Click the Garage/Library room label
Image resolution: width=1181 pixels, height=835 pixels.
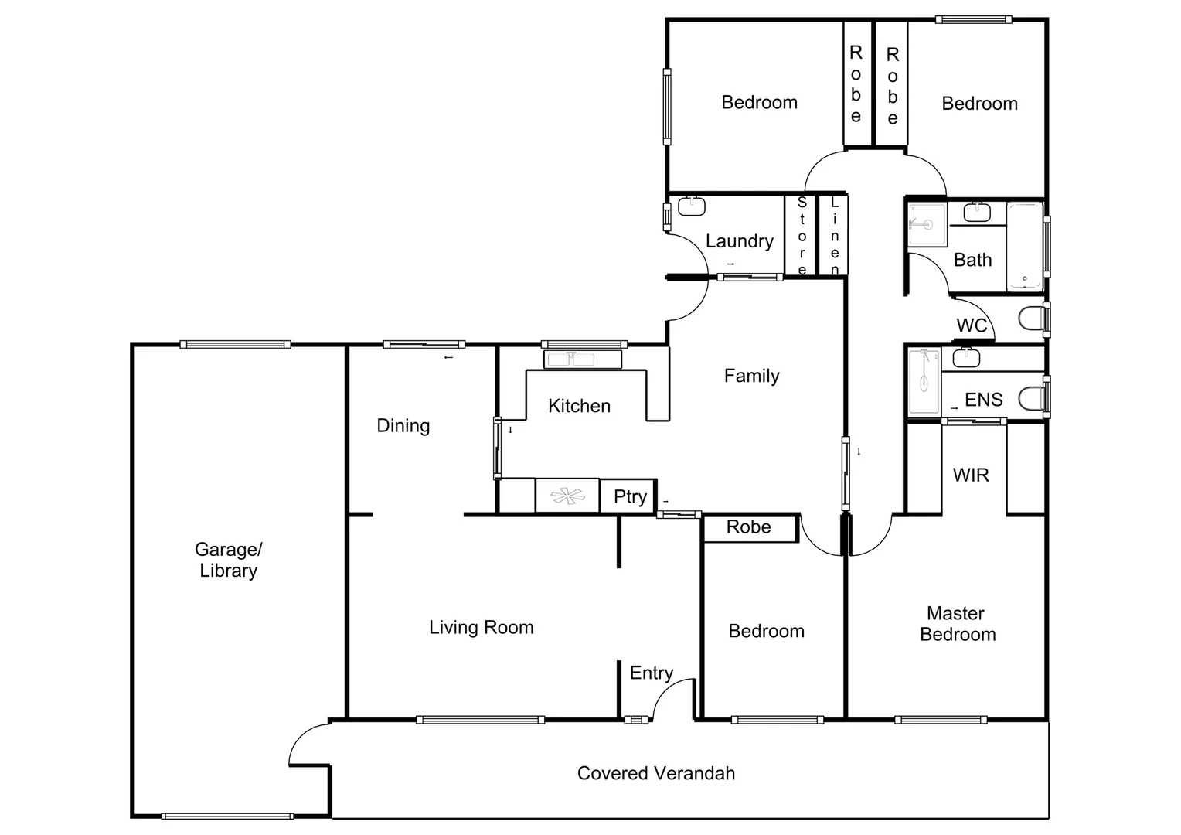(x=228, y=560)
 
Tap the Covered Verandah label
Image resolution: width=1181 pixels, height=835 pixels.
(x=655, y=773)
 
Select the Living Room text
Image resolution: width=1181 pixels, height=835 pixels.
(x=481, y=627)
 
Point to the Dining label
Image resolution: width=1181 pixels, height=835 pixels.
(x=403, y=425)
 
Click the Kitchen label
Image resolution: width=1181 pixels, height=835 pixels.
(x=579, y=406)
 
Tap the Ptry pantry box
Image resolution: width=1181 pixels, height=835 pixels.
(x=629, y=496)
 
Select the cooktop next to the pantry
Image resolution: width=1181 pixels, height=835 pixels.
(x=567, y=496)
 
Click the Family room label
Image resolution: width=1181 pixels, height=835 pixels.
(x=751, y=376)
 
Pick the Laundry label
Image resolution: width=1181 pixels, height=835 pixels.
(x=739, y=241)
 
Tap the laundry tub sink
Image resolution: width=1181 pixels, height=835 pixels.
(x=691, y=206)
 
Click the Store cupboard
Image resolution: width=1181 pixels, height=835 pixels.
(x=802, y=236)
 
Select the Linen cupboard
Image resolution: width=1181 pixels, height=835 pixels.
(x=834, y=236)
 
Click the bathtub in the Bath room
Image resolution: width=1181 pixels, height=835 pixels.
(x=1025, y=246)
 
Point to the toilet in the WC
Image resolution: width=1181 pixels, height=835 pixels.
(x=1030, y=318)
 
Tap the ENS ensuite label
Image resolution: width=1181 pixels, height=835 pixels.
(x=983, y=400)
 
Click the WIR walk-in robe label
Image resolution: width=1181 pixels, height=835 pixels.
(x=971, y=475)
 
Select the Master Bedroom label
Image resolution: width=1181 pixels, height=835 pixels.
(x=957, y=624)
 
